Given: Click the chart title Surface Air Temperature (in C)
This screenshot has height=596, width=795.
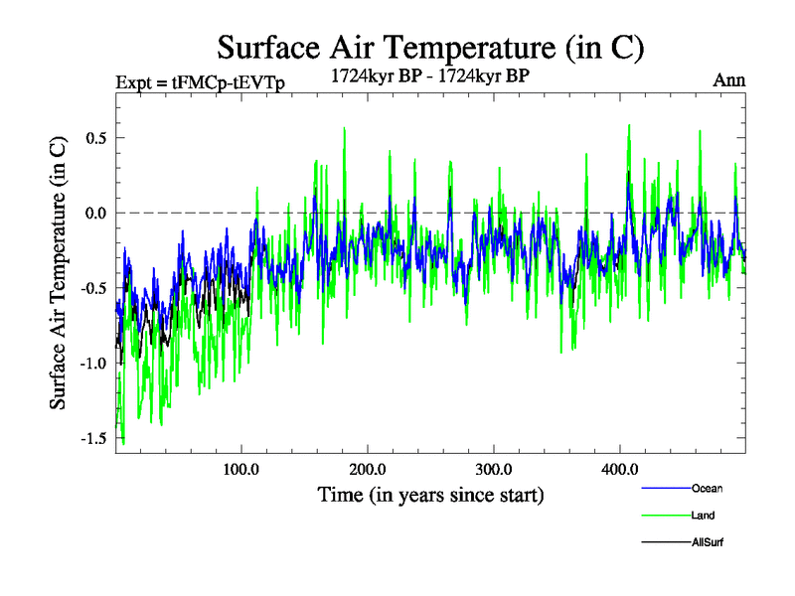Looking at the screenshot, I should tap(430, 47).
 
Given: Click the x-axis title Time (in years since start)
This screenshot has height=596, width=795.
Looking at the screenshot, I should tap(430, 494).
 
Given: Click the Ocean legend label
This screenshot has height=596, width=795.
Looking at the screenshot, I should tap(707, 489).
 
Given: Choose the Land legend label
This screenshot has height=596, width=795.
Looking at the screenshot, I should tap(704, 516).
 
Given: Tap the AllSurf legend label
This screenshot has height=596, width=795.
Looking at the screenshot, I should tap(709, 542).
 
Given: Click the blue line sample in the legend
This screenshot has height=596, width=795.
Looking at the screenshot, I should tap(667, 489).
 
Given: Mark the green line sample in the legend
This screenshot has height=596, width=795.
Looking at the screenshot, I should tap(667, 516).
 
